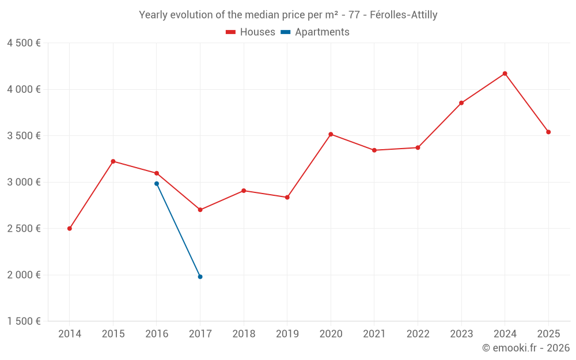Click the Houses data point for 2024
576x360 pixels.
(x=505, y=74)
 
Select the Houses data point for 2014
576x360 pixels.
(x=70, y=229)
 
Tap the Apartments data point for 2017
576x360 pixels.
(x=200, y=277)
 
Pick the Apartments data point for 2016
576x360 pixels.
(x=157, y=184)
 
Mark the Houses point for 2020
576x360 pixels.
(x=331, y=134)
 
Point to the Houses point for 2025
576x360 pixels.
(x=548, y=132)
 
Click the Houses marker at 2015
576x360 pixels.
(x=113, y=161)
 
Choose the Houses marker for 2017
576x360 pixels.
(x=200, y=210)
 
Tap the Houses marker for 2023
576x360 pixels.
(x=461, y=103)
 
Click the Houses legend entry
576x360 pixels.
(x=251, y=32)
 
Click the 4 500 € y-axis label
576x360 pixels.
(x=24, y=43)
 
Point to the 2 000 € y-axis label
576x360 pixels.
(x=24, y=275)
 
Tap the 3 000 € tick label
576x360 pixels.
(x=24, y=182)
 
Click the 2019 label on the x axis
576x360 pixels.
(x=287, y=334)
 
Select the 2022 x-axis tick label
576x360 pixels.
(x=418, y=334)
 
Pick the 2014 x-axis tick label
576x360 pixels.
(x=70, y=334)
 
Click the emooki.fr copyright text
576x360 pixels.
(x=526, y=348)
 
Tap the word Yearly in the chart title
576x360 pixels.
(x=153, y=15)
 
